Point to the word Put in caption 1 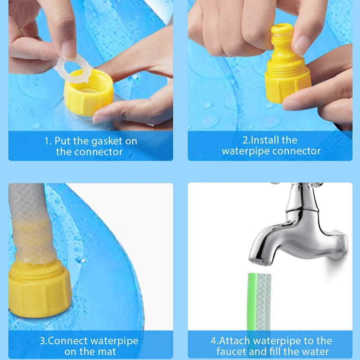(61, 141)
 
